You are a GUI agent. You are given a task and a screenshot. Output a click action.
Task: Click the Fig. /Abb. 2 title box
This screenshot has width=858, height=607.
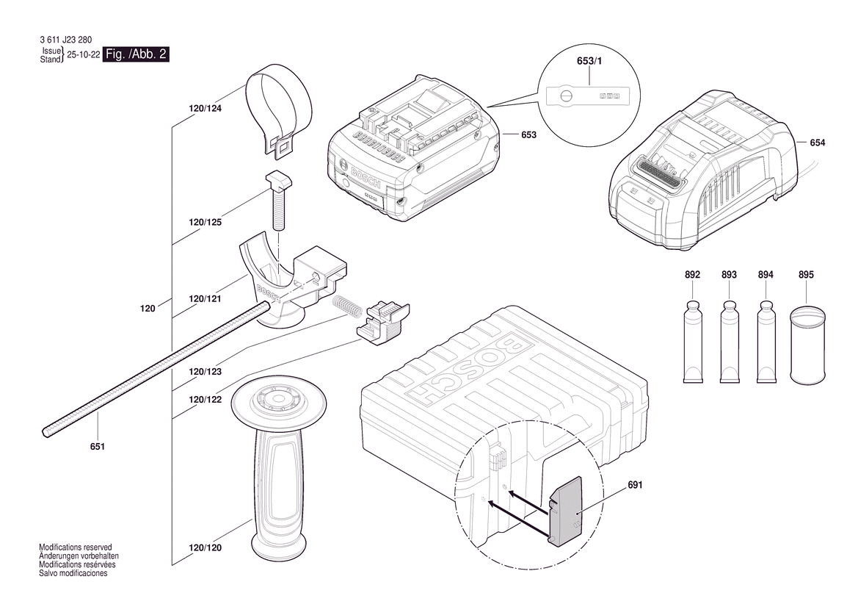pyautogui.click(x=137, y=54)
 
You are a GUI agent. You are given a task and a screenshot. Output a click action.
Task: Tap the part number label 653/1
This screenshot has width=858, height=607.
pyautogui.click(x=589, y=61)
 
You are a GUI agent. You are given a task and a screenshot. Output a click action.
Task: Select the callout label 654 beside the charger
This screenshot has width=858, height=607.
pyautogui.click(x=817, y=143)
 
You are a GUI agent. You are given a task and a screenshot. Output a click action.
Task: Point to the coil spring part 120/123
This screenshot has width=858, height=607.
pyautogui.click(x=346, y=305)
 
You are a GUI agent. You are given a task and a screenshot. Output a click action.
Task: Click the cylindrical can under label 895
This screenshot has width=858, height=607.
pyautogui.click(x=807, y=345)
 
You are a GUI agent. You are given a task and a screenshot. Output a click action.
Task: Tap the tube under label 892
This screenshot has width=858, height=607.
pyautogui.click(x=693, y=341)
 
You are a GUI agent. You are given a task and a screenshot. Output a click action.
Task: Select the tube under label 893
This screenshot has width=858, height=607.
pyautogui.click(x=729, y=341)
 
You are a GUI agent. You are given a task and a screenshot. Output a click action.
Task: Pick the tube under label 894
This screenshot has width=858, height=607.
pyautogui.click(x=766, y=341)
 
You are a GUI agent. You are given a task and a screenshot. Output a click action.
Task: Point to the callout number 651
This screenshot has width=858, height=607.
pyautogui.click(x=98, y=447)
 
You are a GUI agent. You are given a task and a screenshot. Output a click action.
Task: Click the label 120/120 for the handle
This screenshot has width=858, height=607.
pyautogui.click(x=206, y=547)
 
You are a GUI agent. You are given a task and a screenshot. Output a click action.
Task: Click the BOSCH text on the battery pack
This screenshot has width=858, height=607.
pyautogui.click(x=365, y=176)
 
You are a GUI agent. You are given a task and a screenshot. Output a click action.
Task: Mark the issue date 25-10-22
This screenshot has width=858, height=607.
pyautogui.click(x=83, y=55)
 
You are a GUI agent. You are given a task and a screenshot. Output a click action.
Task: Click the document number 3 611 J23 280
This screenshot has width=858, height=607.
pyautogui.click(x=65, y=40)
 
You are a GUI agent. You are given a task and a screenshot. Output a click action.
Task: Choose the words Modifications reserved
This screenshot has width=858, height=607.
pyautogui.click(x=76, y=547)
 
